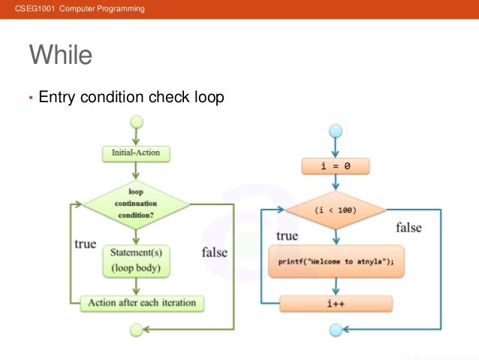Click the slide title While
pos(60,56)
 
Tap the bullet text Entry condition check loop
pos(131,97)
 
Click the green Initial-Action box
pos(136,153)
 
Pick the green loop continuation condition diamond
pos(136,203)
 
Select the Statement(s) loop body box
pos(136,260)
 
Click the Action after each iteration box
pos(142,303)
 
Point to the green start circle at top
pos(136,121)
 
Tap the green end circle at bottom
pos(136,329)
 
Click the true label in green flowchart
pos(85,244)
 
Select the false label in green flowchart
pos(214,253)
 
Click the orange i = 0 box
pos(336,166)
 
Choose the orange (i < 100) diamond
pos(336,211)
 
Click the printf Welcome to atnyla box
pos(336,262)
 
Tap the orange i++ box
pos(336,304)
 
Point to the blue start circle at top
pos(336,131)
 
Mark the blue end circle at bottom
pos(336,329)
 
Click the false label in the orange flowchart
pos(408,228)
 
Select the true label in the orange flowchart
pos(287,236)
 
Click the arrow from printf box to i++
pos(336,286)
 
